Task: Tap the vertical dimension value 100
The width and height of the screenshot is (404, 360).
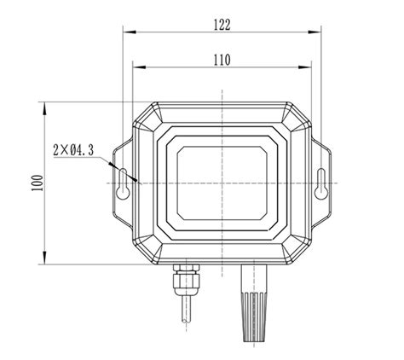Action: click(34, 183)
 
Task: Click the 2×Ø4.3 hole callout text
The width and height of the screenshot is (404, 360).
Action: click(72, 150)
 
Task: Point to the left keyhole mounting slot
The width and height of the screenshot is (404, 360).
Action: click(124, 183)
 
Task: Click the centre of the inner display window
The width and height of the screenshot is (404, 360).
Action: click(222, 182)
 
